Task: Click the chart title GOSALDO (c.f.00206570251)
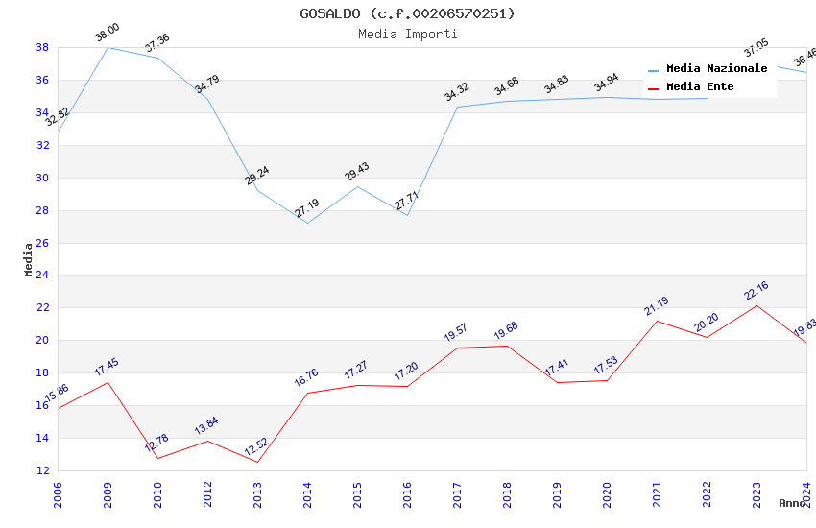407,13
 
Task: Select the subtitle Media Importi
407,34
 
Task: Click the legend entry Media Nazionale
716,69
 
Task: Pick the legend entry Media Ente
700,87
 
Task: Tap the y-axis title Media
29,259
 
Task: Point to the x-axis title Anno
792,503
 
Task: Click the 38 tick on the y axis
42,47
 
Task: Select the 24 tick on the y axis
42,276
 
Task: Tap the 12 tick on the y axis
42,470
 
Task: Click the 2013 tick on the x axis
257,492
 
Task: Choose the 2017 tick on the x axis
457,492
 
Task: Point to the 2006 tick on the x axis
58,492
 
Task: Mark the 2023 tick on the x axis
756,492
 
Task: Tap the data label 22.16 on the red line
756,291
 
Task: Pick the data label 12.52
257,447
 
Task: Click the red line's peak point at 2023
756,305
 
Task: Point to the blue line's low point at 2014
307,224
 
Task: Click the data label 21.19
657,305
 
